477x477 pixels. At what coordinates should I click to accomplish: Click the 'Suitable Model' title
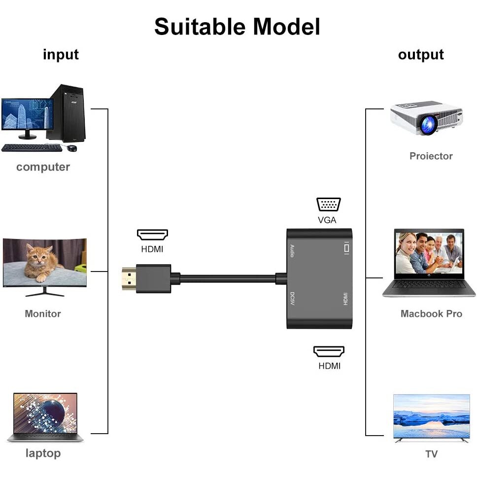point(237,27)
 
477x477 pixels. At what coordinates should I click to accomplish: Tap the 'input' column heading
point(61,54)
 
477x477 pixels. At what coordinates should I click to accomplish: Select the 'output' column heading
point(420,54)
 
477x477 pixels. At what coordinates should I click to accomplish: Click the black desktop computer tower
point(68,113)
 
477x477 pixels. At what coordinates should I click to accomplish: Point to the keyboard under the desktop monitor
point(32,147)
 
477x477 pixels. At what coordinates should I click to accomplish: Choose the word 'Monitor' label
point(43,313)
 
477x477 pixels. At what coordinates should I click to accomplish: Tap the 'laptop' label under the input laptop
point(43,453)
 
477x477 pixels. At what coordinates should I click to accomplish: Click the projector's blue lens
point(427,124)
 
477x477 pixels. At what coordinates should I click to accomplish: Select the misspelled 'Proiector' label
point(431,156)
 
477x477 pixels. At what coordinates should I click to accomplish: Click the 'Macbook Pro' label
point(431,313)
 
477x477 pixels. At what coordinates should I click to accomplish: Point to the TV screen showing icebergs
point(431,416)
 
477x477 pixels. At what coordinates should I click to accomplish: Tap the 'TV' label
point(431,454)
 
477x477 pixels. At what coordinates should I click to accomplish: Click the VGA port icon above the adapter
point(329,204)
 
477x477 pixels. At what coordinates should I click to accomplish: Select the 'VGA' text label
point(327,220)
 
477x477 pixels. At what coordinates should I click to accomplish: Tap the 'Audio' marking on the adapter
point(292,251)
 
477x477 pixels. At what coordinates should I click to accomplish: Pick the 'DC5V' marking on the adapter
point(292,299)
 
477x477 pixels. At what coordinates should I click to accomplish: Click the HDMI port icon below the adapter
point(329,352)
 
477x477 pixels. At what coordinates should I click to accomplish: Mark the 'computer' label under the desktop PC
point(43,167)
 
